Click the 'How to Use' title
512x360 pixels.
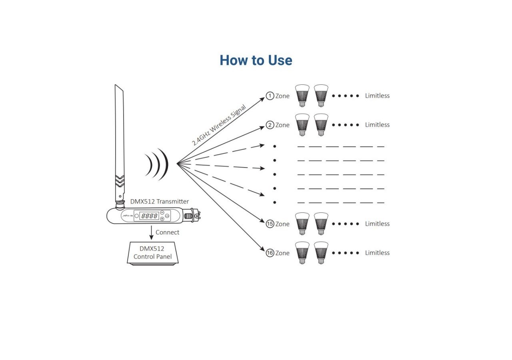click(x=256, y=60)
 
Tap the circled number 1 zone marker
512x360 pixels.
click(x=270, y=96)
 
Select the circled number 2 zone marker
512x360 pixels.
click(x=270, y=125)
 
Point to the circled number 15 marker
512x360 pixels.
click(x=270, y=224)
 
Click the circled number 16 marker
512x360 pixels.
click(x=270, y=253)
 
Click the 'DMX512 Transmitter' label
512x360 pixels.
click(x=160, y=202)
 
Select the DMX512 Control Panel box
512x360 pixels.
click(x=152, y=253)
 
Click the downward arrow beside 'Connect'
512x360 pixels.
click(x=151, y=233)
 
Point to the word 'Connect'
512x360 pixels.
click(x=167, y=232)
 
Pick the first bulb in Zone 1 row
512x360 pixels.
click(x=302, y=96)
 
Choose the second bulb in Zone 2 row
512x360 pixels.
click(x=321, y=125)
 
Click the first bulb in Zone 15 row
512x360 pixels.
click(x=302, y=224)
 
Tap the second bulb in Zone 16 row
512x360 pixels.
click(x=321, y=253)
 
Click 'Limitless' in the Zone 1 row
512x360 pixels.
click(x=377, y=96)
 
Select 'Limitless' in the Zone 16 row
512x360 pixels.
click(x=377, y=253)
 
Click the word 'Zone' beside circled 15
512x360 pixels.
click(x=282, y=224)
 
